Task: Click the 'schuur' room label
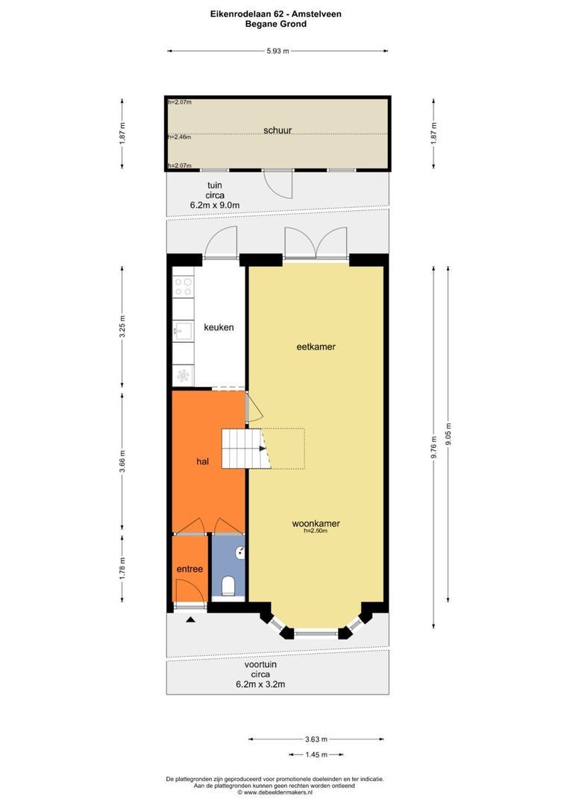(278, 130)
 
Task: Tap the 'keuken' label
(219, 327)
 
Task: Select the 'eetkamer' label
(316, 347)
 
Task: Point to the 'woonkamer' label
(316, 524)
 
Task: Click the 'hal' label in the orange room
(202, 461)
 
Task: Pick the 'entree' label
(190, 569)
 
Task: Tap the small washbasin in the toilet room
(240, 553)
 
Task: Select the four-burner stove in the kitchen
(184, 287)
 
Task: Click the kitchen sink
(183, 331)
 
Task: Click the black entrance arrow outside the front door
(190, 619)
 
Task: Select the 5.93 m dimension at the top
(278, 51)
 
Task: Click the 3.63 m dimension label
(316, 739)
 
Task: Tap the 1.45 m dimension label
(316, 754)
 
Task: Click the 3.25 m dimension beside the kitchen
(122, 326)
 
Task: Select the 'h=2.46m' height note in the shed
(180, 137)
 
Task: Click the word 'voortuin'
(260, 664)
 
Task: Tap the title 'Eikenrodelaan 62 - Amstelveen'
(275, 14)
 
